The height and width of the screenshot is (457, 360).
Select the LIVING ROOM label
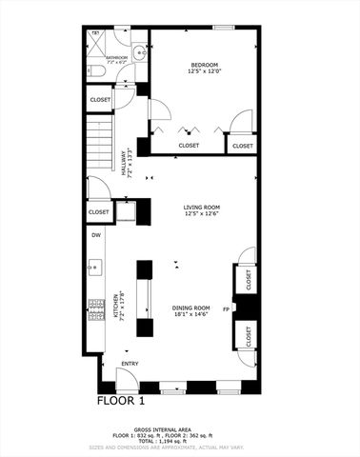coord(202,207)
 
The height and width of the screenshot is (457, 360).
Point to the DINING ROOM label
coord(190,307)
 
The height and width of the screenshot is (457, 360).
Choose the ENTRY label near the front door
coord(130,363)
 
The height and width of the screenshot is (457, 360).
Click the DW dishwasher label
coord(96,235)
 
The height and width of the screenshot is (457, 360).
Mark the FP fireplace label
coord(226,309)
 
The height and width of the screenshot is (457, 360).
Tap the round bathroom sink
coord(137,53)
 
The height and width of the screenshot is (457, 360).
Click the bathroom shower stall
coord(97,42)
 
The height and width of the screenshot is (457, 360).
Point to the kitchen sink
coord(95,268)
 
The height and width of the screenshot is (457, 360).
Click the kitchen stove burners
coord(95,306)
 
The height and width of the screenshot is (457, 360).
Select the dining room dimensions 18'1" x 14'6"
coord(190,314)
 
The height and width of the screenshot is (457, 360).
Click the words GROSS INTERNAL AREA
coord(180,428)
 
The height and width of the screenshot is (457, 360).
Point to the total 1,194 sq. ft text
coord(180,441)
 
